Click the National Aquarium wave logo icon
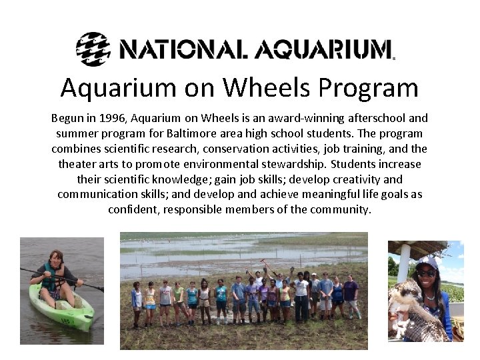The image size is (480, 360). tap(93, 48)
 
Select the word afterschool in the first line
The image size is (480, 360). tap(377, 118)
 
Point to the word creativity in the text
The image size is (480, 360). tap(353, 179)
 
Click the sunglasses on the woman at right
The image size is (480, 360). tap(427, 273)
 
